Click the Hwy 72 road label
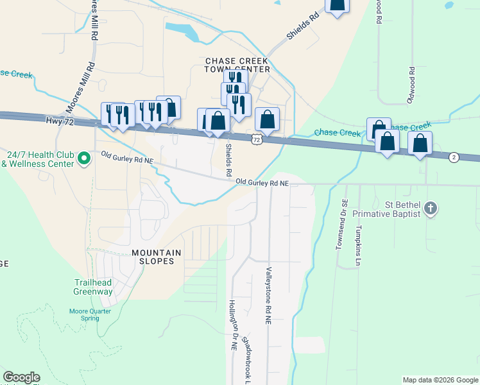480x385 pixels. pyautogui.click(x=58, y=121)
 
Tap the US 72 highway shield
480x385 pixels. pyautogui.click(x=257, y=139)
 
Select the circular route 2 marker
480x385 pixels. pyautogui.click(x=454, y=157)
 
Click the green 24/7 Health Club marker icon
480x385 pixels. pyautogui.click(x=83, y=158)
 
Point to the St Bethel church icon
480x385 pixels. pyautogui.click(x=430, y=208)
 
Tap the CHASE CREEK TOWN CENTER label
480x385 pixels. pyautogui.click(x=237, y=65)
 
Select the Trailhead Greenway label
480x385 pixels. pyautogui.click(x=92, y=287)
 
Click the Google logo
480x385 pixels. pyautogui.click(x=21, y=377)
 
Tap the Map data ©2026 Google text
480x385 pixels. pyautogui.click(x=440, y=380)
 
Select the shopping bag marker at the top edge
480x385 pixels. pyautogui.click(x=337, y=5)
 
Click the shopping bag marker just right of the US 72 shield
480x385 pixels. pyautogui.click(x=268, y=119)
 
